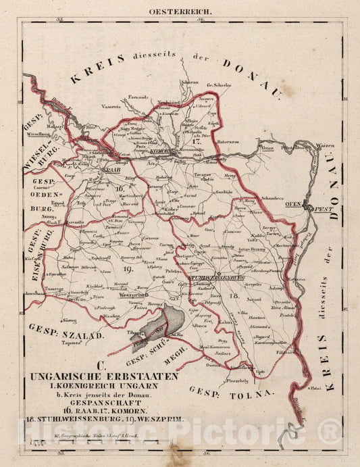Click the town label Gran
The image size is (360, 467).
click(x=267, y=147)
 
